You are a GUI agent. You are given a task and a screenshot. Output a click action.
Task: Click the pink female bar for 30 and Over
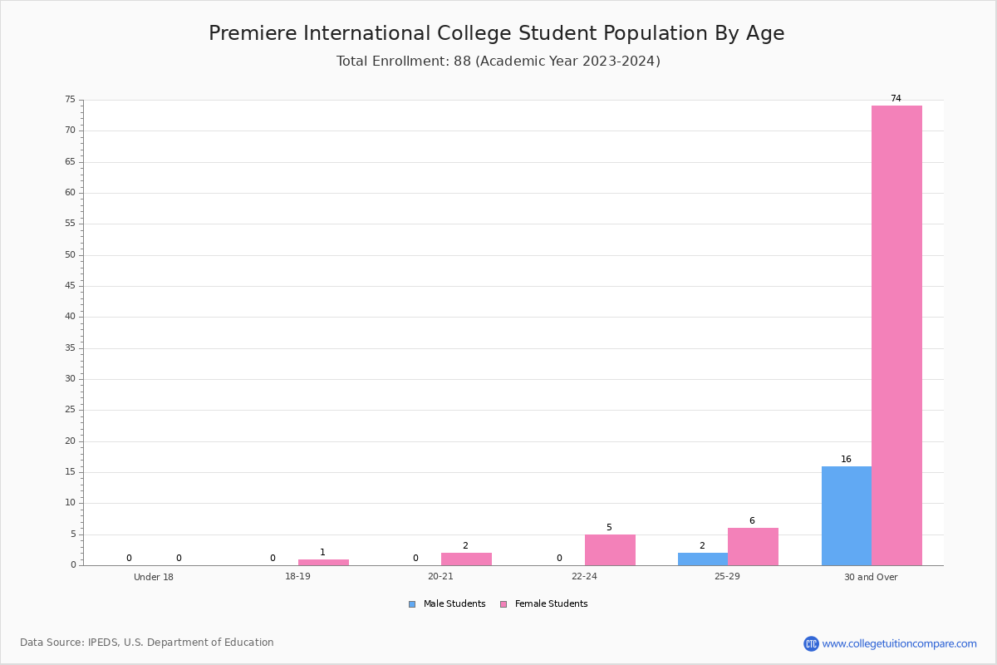click(896, 335)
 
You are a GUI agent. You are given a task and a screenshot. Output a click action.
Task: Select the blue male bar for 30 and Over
click(847, 515)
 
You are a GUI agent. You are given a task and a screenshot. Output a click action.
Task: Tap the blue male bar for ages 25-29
click(703, 559)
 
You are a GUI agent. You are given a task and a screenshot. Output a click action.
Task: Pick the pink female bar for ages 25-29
click(753, 546)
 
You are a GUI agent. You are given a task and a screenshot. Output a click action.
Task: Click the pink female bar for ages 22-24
click(610, 550)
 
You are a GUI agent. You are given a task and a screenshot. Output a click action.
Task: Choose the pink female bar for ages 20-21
click(466, 559)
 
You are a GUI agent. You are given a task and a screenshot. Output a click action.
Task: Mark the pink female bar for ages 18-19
click(323, 562)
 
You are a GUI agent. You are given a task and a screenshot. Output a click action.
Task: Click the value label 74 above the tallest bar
click(896, 98)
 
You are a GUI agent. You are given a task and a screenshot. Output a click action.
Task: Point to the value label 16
click(846, 459)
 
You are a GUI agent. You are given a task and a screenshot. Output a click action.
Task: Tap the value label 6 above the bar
click(752, 520)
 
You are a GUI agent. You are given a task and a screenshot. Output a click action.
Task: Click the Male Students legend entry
click(447, 603)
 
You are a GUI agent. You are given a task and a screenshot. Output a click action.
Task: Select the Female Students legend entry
click(544, 603)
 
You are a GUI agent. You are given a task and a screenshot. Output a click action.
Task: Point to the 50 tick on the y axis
click(71, 254)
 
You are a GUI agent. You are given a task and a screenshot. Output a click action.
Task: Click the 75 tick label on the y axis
click(71, 99)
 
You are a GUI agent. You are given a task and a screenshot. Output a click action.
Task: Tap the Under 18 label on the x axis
click(154, 577)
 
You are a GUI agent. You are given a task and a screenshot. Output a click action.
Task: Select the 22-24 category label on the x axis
click(584, 576)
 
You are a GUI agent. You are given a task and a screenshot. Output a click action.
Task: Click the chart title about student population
click(497, 33)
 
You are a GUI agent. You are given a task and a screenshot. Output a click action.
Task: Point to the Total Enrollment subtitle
click(498, 61)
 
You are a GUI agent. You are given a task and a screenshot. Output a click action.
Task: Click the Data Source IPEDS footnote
click(147, 643)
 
